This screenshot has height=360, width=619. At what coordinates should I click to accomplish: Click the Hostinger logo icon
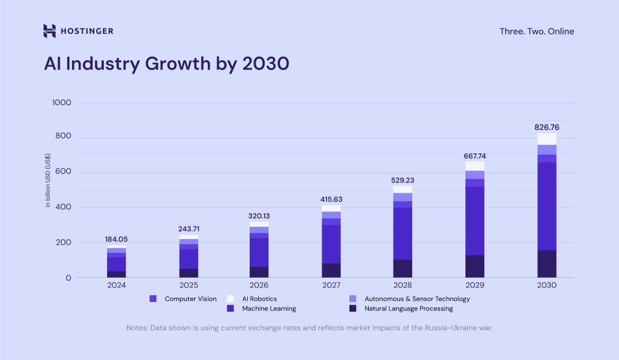click(50, 31)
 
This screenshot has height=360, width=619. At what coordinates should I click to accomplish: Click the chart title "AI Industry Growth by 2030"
click(166, 63)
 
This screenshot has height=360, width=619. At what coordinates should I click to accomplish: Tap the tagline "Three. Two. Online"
click(537, 31)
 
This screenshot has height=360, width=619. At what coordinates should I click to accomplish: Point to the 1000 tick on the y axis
click(62, 103)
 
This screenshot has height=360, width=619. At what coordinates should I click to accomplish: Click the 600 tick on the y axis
click(63, 173)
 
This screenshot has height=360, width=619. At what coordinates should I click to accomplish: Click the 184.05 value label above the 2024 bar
click(115, 239)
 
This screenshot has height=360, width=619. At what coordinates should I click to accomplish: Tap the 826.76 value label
click(546, 127)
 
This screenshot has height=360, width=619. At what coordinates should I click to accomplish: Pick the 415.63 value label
click(331, 199)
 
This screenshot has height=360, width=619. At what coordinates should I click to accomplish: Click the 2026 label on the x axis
click(259, 285)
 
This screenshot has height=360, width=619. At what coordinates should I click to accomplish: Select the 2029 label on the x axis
click(475, 285)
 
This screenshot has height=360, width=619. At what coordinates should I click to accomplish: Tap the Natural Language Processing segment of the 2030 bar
click(546, 264)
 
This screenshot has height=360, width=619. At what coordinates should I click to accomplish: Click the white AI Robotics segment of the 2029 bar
click(475, 166)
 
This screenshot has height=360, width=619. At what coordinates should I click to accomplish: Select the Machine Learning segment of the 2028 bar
click(403, 233)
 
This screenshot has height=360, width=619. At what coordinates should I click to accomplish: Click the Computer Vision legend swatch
click(153, 298)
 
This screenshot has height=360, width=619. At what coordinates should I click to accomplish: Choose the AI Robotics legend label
click(259, 298)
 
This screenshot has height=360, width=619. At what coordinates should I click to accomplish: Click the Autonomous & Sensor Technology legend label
click(417, 298)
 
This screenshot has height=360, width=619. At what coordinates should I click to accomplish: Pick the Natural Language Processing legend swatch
click(353, 309)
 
